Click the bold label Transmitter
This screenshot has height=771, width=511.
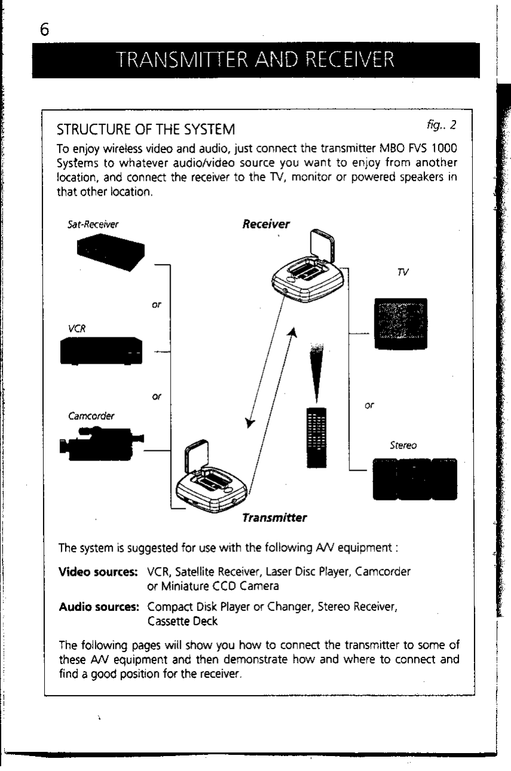point(274,518)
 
